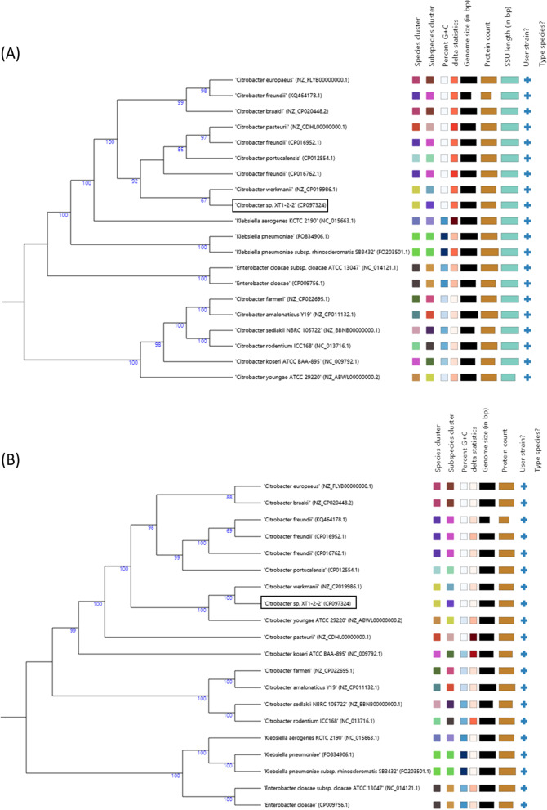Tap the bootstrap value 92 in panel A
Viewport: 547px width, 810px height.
pyautogui.click(x=135, y=181)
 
